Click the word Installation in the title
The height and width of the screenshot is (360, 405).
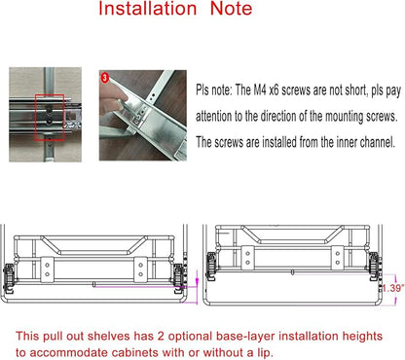point(148,8)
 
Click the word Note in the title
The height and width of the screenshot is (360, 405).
point(231,8)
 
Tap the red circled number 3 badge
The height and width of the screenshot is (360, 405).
point(104,78)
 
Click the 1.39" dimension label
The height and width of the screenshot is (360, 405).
point(393,288)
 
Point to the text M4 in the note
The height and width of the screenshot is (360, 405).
point(261,90)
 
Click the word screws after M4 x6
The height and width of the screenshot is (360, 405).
point(295,90)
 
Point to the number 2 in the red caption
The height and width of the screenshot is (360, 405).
point(161,337)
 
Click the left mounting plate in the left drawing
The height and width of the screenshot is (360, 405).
point(47,270)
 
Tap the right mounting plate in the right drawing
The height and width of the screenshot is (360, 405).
point(338,258)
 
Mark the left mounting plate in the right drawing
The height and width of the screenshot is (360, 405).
point(247,258)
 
